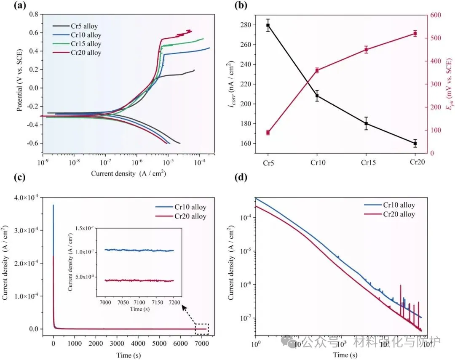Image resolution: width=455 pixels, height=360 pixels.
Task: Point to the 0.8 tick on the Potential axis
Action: click(x=33, y=14)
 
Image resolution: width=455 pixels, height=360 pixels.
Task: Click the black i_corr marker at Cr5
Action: click(x=268, y=25)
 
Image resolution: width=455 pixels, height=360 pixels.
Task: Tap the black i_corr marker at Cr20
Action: click(x=415, y=144)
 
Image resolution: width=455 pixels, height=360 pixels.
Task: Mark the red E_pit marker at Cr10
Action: click(x=317, y=70)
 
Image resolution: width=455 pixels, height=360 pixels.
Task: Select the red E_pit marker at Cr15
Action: click(x=366, y=50)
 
